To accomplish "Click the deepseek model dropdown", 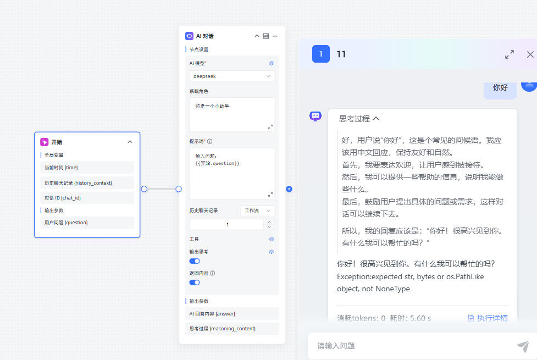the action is pyautogui.click(x=232, y=76).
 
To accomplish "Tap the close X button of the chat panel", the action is pyautogui.click(x=530, y=54).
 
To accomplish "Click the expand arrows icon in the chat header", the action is pyautogui.click(x=510, y=54).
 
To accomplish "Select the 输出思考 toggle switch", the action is pyautogui.click(x=195, y=261).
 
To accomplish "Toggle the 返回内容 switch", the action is pyautogui.click(x=195, y=283).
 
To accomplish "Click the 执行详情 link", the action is pyautogui.click(x=488, y=318).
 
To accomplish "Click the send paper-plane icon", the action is pyautogui.click(x=523, y=346).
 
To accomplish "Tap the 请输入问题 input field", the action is pyautogui.click(x=411, y=346).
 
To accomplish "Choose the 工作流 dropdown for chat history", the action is pyautogui.click(x=258, y=211).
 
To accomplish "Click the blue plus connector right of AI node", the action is pyautogui.click(x=289, y=189).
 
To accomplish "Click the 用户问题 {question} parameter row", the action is pyautogui.click(x=87, y=223).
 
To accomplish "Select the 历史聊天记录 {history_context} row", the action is pyautogui.click(x=87, y=183).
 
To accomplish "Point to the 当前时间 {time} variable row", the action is pyautogui.click(x=87, y=168).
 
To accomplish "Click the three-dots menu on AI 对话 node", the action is pyautogui.click(x=275, y=36).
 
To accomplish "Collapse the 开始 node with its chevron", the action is pyautogui.click(x=130, y=142).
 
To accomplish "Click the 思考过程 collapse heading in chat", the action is pyautogui.click(x=359, y=119).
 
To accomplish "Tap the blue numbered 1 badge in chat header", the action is pyautogui.click(x=321, y=54).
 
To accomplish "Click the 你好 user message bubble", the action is pyautogui.click(x=500, y=88).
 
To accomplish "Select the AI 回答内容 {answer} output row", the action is pyautogui.click(x=232, y=314).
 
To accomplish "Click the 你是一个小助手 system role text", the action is pyautogui.click(x=212, y=106).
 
